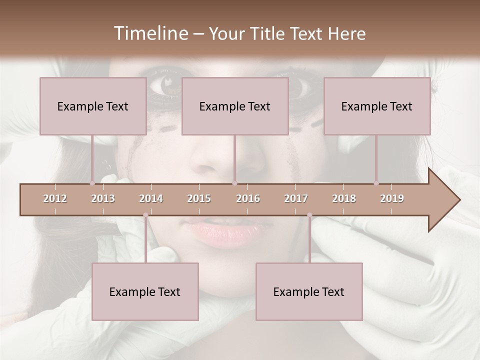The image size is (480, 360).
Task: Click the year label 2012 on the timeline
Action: point(55,198)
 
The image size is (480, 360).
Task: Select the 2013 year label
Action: point(103,198)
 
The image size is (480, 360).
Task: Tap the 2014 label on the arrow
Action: point(151,198)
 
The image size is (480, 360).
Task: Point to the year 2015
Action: point(199,198)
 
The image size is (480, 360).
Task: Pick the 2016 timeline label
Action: point(248,198)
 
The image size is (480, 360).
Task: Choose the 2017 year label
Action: point(296,198)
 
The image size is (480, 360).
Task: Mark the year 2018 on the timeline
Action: point(344,198)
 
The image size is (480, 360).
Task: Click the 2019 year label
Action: point(392,198)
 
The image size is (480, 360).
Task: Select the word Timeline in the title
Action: point(150,33)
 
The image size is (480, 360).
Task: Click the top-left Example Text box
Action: point(93,106)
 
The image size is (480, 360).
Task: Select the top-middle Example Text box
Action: point(235,106)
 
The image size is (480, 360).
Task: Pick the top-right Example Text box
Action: point(377,106)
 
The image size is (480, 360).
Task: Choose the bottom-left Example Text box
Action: point(145,291)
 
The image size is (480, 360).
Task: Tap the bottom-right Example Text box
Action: point(309,291)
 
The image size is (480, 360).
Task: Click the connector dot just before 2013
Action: point(92,183)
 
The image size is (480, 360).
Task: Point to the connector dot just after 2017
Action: point(309,215)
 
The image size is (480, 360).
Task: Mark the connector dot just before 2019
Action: point(376,183)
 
